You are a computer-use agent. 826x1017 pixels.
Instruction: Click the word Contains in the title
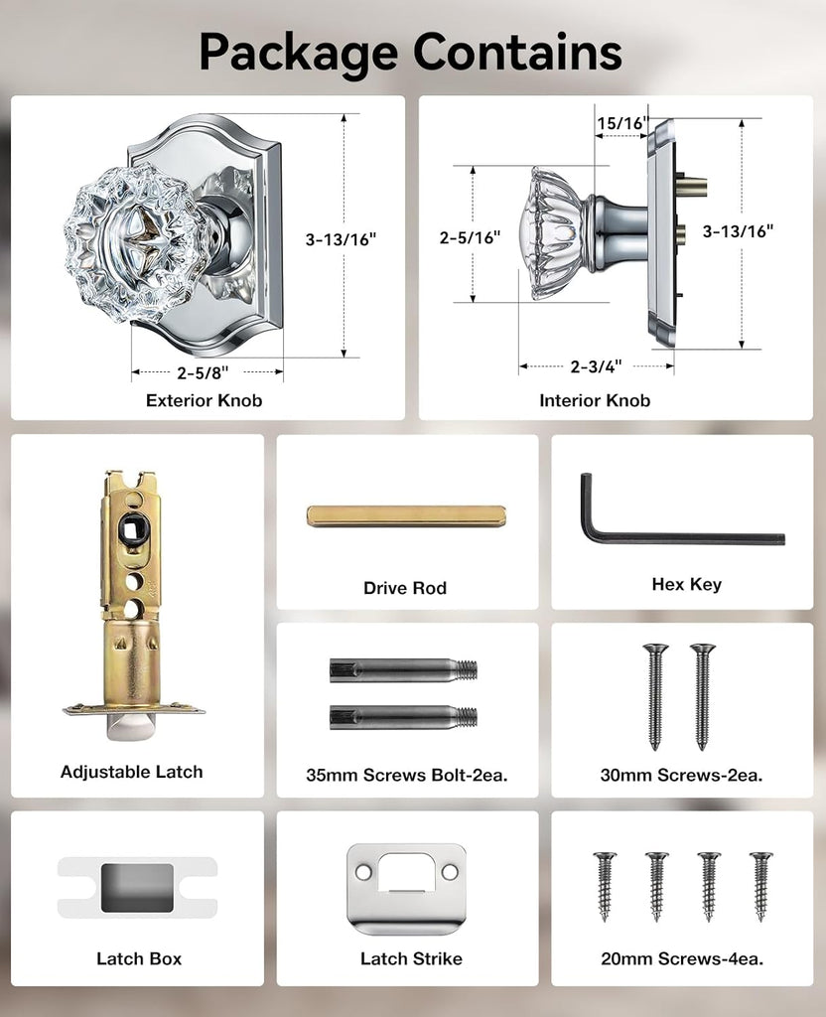(x=516, y=52)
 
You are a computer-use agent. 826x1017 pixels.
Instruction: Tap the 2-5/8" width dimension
(x=203, y=373)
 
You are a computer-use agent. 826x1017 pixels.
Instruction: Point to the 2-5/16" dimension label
(x=470, y=237)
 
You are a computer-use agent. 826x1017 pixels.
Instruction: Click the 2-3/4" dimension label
(x=596, y=366)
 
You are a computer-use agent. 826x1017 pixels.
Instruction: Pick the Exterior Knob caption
(x=205, y=400)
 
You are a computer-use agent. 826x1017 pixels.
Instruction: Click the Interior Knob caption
(x=595, y=400)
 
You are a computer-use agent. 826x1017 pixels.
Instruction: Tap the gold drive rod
(x=406, y=516)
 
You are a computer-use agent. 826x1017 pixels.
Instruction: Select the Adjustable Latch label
(x=132, y=772)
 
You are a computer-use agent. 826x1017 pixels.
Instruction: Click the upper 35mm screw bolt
(x=403, y=670)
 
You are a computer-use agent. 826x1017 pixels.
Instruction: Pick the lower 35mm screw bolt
(x=403, y=717)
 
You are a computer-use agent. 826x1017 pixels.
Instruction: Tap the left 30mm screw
(x=655, y=696)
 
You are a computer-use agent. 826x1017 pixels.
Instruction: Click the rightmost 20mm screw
(x=761, y=886)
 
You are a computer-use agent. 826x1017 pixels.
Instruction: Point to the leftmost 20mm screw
(x=605, y=886)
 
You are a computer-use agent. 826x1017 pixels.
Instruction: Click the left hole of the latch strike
(x=363, y=872)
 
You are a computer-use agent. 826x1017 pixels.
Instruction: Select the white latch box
(x=137, y=887)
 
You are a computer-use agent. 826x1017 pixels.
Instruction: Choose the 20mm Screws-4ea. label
(x=682, y=958)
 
